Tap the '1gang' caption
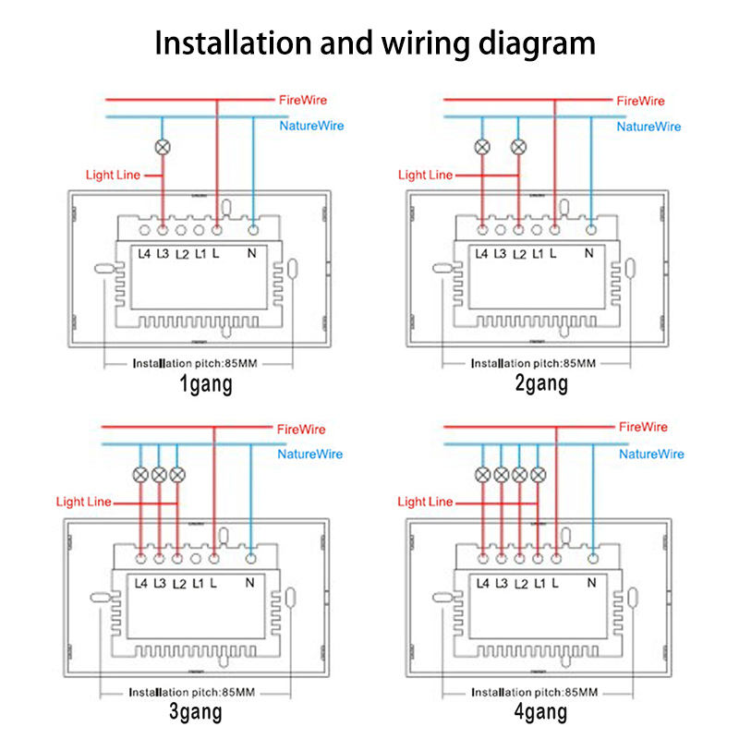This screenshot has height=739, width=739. (x=206, y=384)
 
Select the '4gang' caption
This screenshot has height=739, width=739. (x=540, y=712)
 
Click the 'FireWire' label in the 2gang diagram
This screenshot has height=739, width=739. (x=640, y=101)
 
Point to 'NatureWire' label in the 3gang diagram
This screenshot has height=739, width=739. (x=309, y=454)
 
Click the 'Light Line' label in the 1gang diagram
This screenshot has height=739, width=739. (x=113, y=175)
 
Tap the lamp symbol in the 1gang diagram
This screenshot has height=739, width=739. (x=163, y=147)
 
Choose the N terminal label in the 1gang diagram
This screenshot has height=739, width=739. (x=252, y=253)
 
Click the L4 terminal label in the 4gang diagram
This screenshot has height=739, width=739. (x=482, y=584)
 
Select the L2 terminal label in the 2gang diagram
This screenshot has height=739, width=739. (x=519, y=255)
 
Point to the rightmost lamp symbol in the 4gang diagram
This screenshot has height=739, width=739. (x=539, y=475)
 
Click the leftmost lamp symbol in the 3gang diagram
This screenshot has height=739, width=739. (x=140, y=475)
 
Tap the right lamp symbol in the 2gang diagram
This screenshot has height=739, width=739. (x=518, y=147)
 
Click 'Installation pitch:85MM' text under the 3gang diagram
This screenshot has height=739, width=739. (x=192, y=692)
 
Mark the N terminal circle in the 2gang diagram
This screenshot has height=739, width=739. (x=591, y=230)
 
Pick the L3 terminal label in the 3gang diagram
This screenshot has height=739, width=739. (x=160, y=584)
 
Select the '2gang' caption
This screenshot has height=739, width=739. (x=541, y=383)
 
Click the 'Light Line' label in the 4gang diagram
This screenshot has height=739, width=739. (x=425, y=502)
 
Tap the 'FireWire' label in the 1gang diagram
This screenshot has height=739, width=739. (x=303, y=100)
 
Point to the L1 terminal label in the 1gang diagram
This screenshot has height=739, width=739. (x=200, y=254)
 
